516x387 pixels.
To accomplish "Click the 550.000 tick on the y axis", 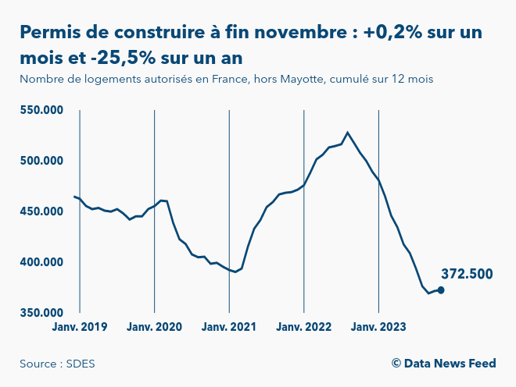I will [x=41, y=110].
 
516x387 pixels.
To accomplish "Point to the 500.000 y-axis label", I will [x=41, y=161].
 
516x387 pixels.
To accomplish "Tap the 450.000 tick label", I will [x=41, y=211].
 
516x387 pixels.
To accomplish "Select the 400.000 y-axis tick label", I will [x=41, y=262].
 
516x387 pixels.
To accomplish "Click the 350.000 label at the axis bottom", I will [x=41, y=313].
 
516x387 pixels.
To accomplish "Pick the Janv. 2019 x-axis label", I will [x=80, y=327].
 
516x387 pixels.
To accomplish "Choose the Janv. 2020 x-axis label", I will [x=154, y=327].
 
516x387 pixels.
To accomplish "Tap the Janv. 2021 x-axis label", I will [x=229, y=327].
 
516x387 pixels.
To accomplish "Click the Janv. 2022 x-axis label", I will [x=303, y=327].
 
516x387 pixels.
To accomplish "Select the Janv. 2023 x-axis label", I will [x=378, y=327].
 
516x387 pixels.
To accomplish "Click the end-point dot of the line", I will [x=441, y=290].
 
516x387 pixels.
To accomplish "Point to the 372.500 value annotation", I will [x=467, y=274].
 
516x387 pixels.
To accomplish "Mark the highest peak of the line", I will [x=348, y=133].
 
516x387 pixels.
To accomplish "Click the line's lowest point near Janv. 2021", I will [x=235, y=272].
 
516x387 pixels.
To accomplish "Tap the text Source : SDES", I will [x=52, y=364].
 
